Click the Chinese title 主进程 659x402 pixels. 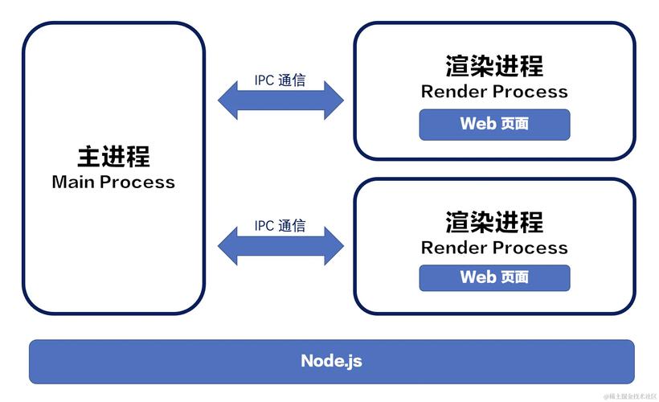coord(113,155)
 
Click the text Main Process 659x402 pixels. coord(113,182)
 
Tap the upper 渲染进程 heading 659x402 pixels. coord(494,65)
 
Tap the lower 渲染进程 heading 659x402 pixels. coord(494,221)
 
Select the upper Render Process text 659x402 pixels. coord(494,92)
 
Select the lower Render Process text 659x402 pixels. coord(494,248)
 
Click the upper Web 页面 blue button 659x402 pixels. coord(494,124)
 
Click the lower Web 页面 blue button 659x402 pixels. coord(494,277)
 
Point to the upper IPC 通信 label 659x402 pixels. coord(280,80)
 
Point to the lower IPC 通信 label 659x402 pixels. coord(280,226)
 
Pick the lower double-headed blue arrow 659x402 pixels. coord(280,245)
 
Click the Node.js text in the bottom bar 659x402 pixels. coord(331,361)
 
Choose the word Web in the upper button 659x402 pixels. coord(477,124)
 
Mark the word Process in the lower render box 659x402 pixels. coord(531,248)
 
